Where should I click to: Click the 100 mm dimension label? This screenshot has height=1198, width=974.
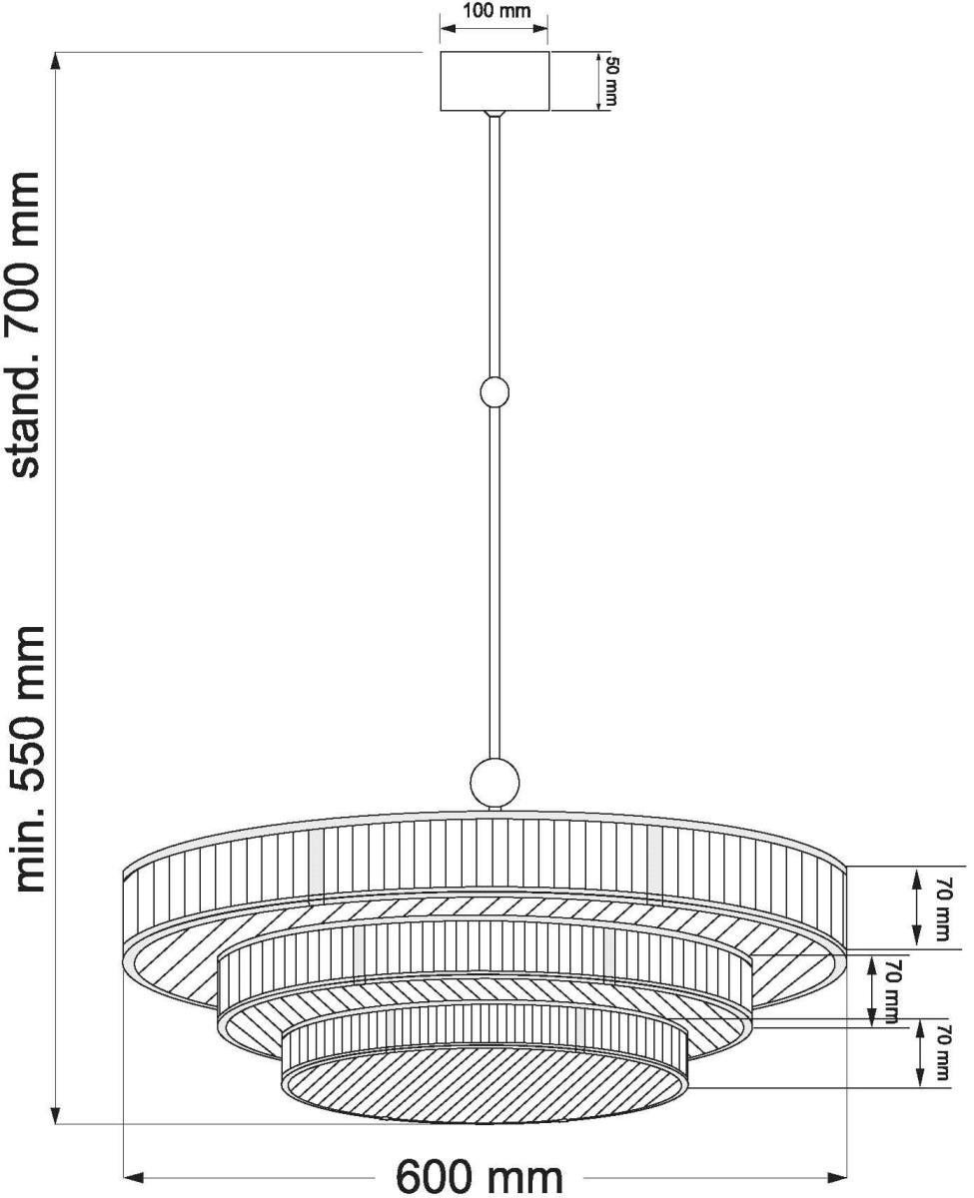pos(494,12)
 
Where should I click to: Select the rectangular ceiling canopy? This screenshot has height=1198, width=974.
pos(494,81)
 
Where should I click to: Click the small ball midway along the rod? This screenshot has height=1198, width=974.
pos(494,392)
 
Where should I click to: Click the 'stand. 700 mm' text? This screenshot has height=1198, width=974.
pos(25,324)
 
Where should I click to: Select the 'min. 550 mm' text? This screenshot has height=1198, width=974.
pos(25,759)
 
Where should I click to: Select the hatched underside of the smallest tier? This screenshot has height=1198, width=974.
pos(485,1083)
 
